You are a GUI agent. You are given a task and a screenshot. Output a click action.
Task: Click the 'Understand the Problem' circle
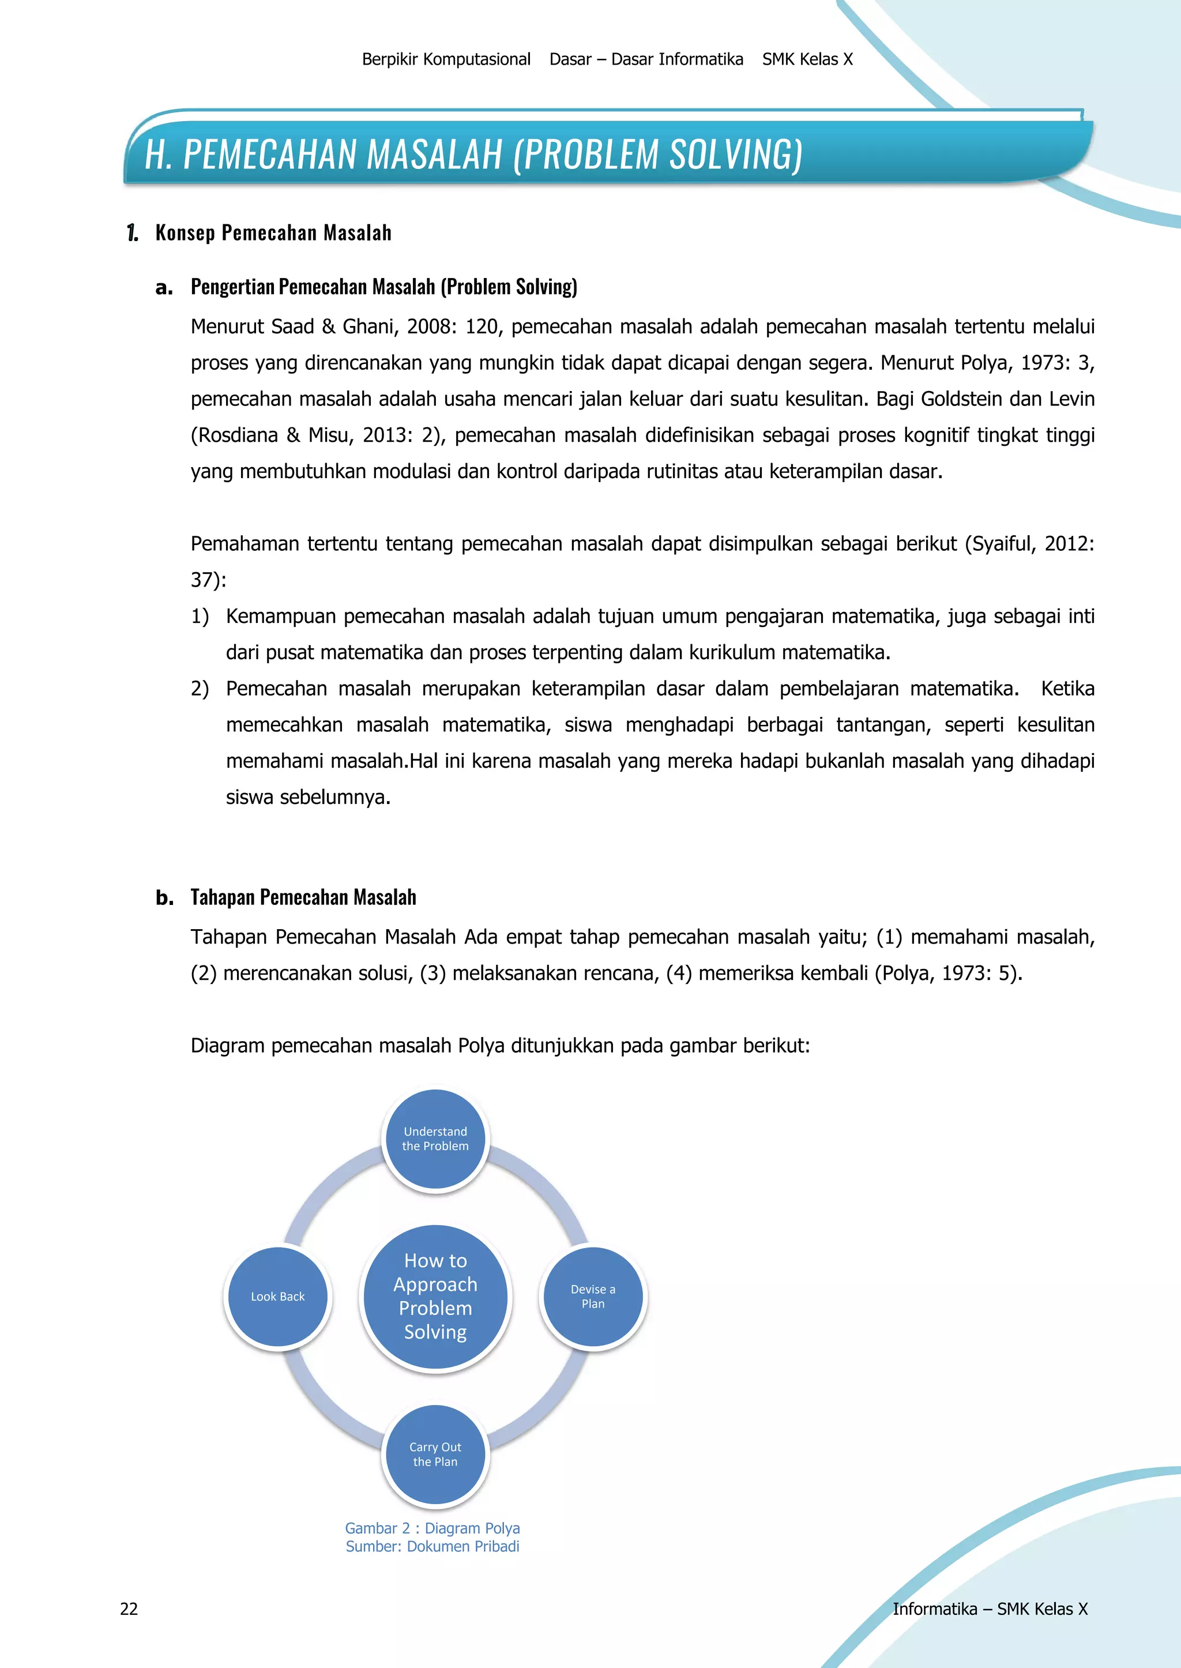[x=435, y=1139]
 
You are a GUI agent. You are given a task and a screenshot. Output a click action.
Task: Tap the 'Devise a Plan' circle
[x=593, y=1297]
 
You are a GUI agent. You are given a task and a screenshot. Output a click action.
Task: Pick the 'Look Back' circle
[x=278, y=1297]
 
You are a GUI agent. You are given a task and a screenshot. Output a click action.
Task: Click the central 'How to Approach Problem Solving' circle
[x=435, y=1297]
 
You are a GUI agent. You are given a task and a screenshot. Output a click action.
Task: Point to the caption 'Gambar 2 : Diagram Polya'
[x=432, y=1528]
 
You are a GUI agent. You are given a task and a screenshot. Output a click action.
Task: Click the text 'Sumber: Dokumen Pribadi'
[x=432, y=1546]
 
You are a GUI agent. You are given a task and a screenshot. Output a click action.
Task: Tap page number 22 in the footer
[x=129, y=1609]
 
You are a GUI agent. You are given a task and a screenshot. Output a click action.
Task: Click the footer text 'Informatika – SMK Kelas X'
[x=990, y=1609]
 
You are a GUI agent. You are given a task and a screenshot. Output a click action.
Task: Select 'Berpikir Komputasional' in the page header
[x=446, y=59]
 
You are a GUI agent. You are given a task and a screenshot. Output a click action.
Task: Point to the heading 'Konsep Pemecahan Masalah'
[x=273, y=233]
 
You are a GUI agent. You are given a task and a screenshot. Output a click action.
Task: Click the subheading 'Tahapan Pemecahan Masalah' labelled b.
[x=303, y=897]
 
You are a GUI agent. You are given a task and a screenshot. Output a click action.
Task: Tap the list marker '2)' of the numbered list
[x=200, y=689]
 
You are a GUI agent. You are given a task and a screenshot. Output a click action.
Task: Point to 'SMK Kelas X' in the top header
[x=807, y=59]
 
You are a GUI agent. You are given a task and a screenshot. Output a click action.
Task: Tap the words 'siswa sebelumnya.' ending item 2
[x=309, y=797]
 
